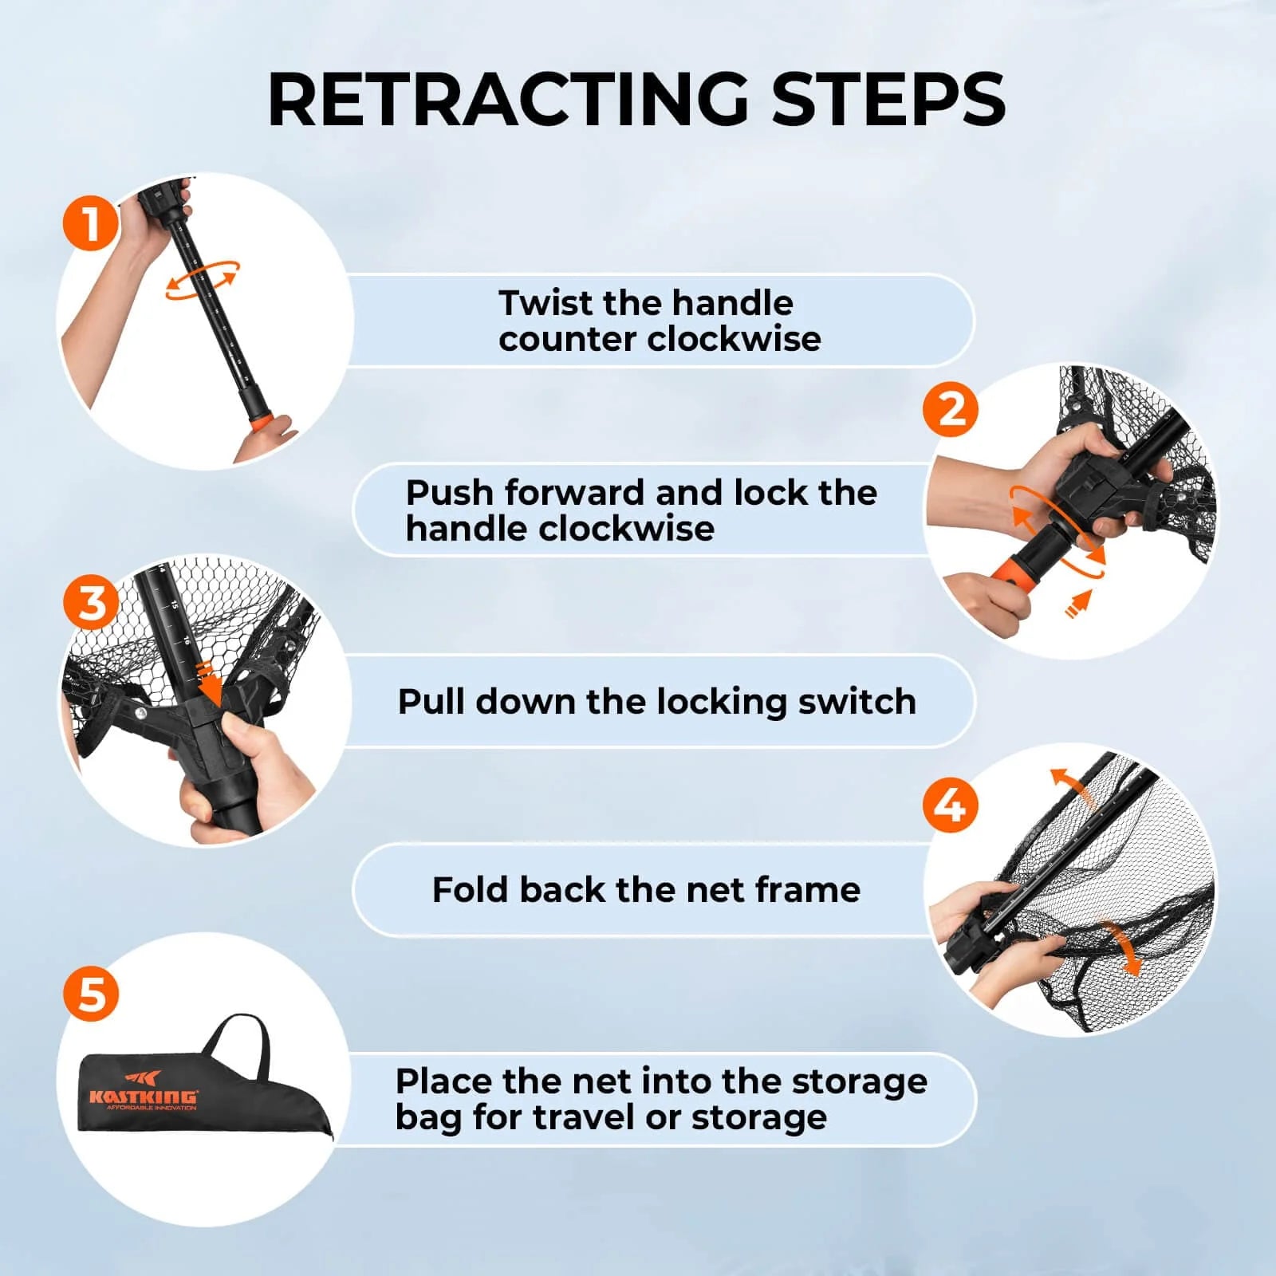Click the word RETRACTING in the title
(508, 100)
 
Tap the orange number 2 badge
(950, 410)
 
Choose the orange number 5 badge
(91, 994)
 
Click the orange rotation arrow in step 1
(202, 281)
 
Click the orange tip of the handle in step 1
(259, 420)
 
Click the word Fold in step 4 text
(469, 889)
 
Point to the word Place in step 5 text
(443, 1081)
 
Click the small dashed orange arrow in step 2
(1078, 604)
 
